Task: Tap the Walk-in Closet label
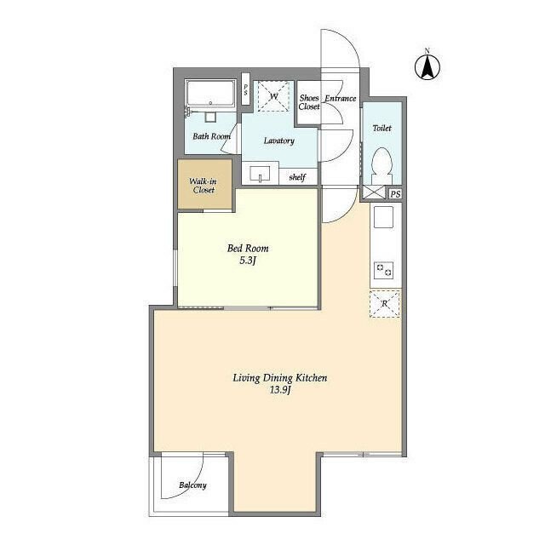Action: click(204, 186)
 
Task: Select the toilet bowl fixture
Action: click(382, 165)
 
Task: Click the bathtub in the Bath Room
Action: click(210, 94)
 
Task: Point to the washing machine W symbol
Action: click(273, 96)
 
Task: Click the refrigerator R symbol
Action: click(384, 304)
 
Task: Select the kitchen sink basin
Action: click(383, 217)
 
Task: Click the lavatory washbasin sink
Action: click(260, 174)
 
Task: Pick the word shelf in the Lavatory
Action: click(297, 177)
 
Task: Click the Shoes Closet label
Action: click(309, 102)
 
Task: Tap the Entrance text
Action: click(341, 99)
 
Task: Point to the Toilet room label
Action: click(382, 129)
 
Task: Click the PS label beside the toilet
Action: click(395, 194)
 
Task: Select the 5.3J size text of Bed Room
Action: click(248, 261)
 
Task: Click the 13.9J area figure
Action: click(280, 390)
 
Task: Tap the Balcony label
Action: click(192, 485)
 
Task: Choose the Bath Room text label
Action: click(212, 136)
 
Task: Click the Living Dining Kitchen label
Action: click(280, 378)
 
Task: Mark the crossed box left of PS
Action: click(374, 192)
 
